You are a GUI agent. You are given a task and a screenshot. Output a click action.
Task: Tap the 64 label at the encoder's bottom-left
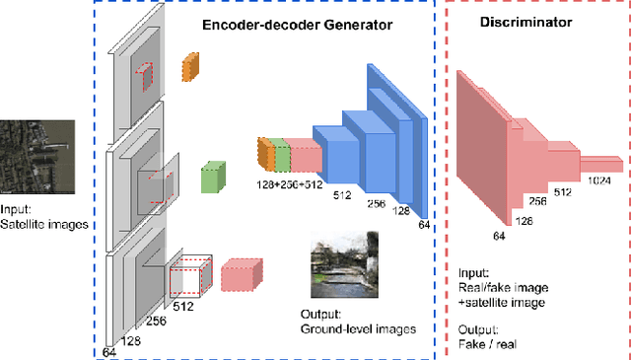[110, 351]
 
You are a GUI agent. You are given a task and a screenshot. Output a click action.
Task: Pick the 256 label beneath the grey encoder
[155, 321]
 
